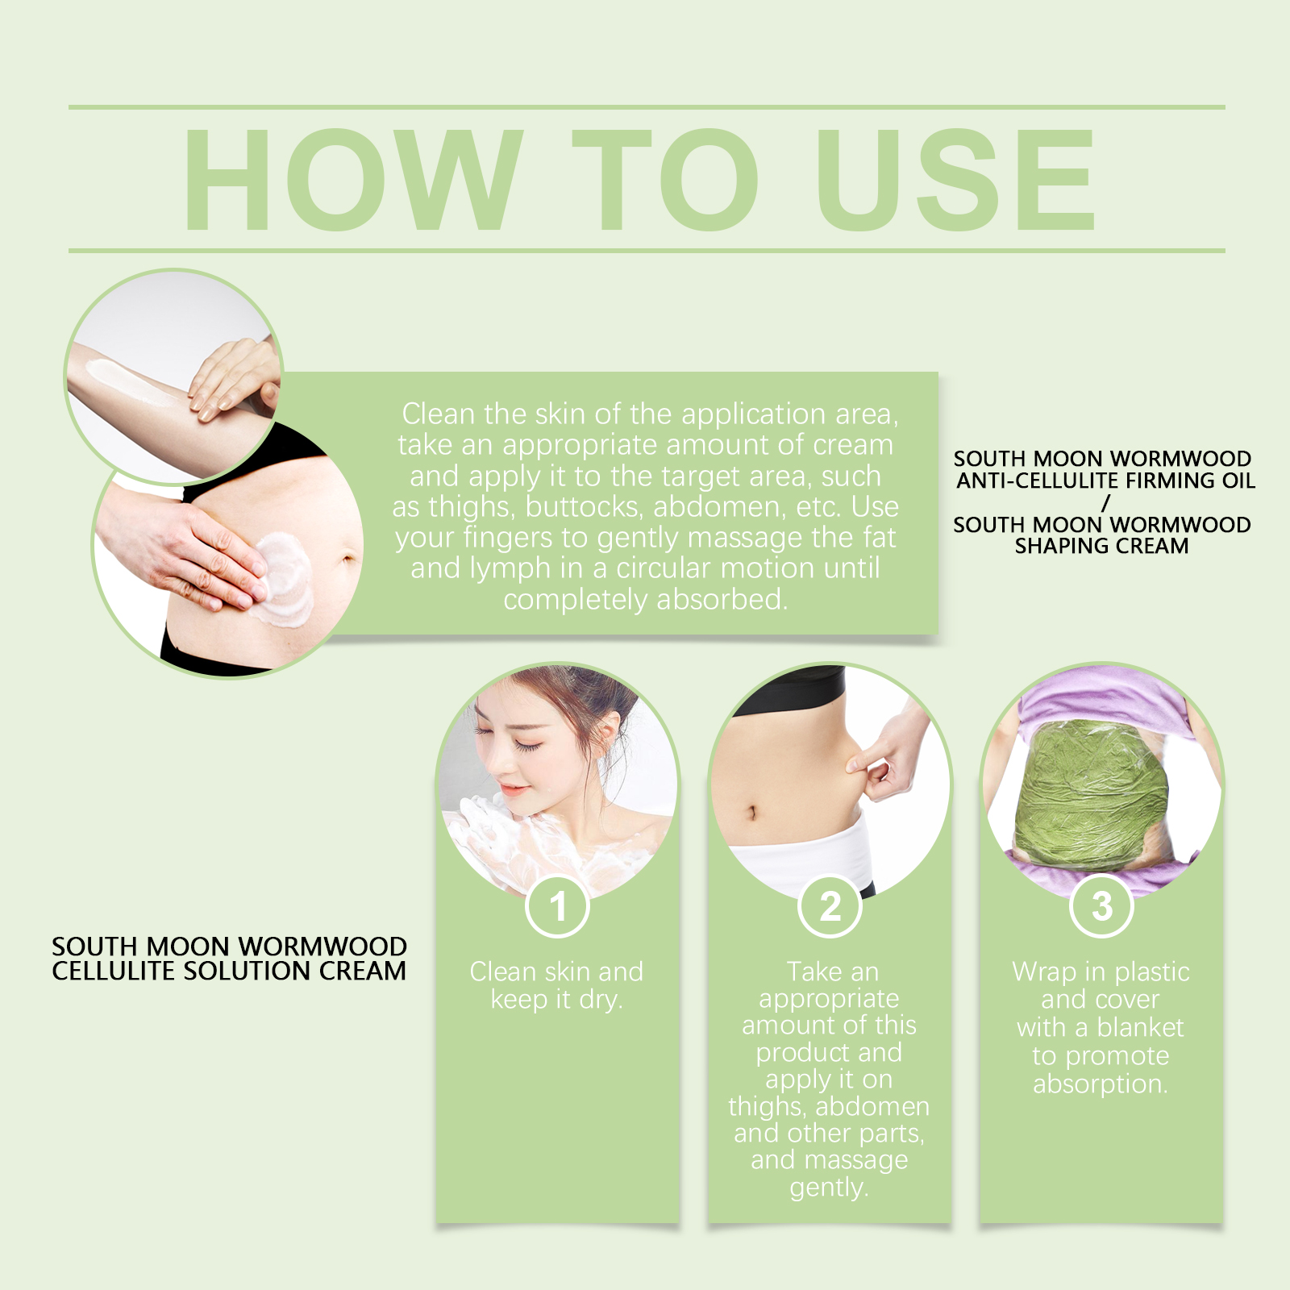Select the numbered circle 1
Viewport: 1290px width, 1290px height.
(x=557, y=906)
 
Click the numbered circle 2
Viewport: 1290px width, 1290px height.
(x=830, y=906)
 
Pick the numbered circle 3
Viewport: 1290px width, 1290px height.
(x=1101, y=906)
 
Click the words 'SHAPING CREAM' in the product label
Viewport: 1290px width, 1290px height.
(x=1101, y=546)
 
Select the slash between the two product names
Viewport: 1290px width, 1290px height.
(x=1106, y=502)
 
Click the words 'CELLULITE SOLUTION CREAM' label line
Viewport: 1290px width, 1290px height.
(x=229, y=971)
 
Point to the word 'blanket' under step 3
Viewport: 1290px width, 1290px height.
(x=1139, y=1027)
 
